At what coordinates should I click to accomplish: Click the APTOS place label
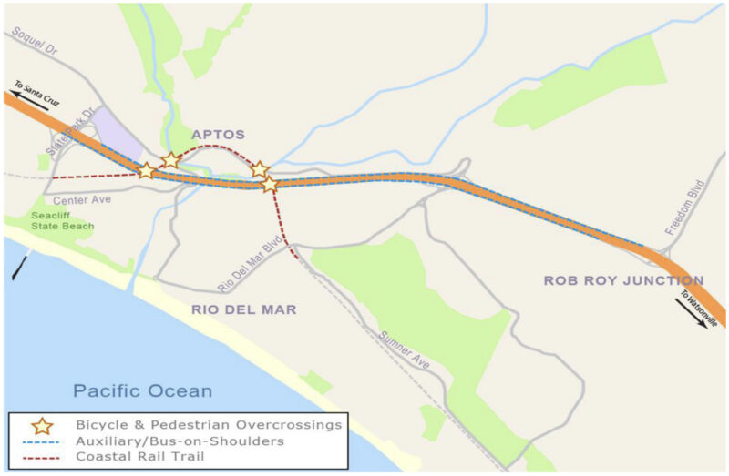218,135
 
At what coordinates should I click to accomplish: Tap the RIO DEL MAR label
243,309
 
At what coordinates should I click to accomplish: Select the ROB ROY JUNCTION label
623,280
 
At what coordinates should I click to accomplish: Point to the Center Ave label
81,199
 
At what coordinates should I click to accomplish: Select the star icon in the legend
41,424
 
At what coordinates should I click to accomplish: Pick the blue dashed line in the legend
41,441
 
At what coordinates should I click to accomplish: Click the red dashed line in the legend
41,456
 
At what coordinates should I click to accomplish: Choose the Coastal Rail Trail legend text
134,456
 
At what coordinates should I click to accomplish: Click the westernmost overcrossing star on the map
146,170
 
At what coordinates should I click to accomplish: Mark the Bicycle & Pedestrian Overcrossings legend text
209,424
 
